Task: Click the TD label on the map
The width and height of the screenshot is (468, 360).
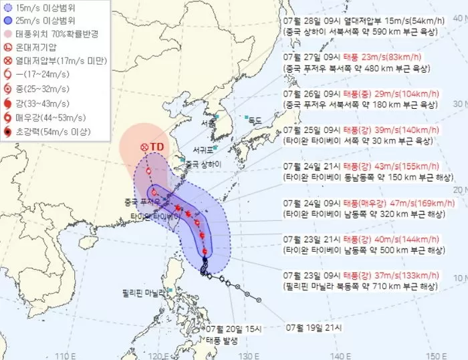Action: point(158,147)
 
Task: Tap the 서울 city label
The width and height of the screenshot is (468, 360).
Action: point(208,124)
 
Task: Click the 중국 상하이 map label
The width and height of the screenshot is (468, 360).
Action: point(203,163)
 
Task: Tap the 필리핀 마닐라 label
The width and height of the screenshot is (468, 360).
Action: point(144,292)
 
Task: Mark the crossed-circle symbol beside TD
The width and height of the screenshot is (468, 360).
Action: point(144,147)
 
